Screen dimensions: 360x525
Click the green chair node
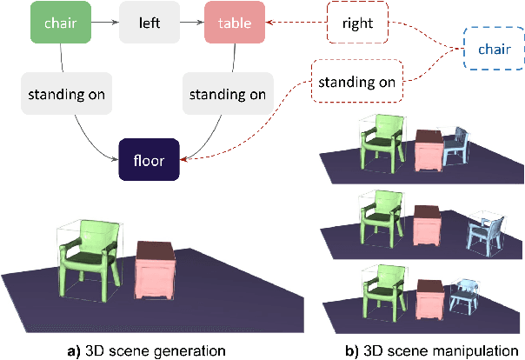click(61, 22)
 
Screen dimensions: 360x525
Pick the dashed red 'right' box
click(356, 23)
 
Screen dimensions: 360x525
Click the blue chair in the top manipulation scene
click(456, 146)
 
